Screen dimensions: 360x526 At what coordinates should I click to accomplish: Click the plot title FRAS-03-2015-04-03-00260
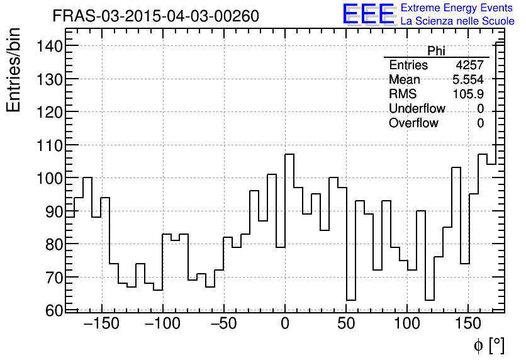pos(155,16)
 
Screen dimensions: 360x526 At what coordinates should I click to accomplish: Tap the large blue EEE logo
pos(369,14)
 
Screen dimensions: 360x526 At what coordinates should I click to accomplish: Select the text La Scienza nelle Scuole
pos(457,21)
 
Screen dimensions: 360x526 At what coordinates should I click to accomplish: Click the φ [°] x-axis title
pos(488,345)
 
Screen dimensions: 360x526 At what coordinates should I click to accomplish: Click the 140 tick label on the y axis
pos(48,46)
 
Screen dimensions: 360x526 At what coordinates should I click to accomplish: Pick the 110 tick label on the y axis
pos(48,145)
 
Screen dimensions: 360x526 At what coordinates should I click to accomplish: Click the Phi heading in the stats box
pos(436,51)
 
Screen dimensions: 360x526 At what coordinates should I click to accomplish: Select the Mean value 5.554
pos(468,80)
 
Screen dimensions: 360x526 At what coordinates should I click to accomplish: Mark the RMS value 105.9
pos(468,94)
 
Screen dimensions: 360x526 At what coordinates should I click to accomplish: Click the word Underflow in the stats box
pos(417,109)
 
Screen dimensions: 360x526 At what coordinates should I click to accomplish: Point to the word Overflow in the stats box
pos(413,123)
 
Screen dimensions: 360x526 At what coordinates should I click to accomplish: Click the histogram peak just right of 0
pos(289,154)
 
